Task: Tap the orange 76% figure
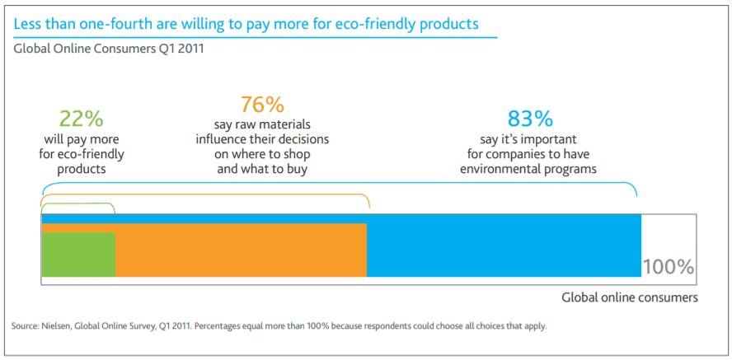(x=262, y=105)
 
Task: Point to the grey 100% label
(x=668, y=267)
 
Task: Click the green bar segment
(x=78, y=255)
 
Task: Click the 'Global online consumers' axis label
(x=630, y=297)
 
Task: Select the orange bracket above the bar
(x=206, y=195)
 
